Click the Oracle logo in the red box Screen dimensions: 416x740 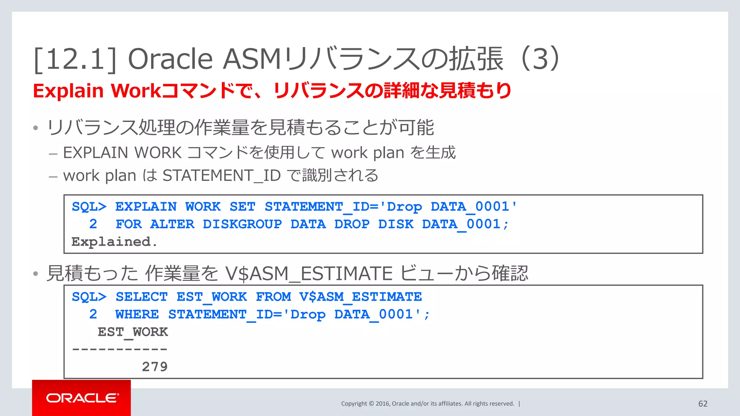click(82, 398)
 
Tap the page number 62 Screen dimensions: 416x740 click(703, 404)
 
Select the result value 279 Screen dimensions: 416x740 click(155, 367)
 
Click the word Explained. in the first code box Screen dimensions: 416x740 click(114, 242)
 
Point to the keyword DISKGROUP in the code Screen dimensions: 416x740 click(242, 224)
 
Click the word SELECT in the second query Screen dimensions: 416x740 click(142, 297)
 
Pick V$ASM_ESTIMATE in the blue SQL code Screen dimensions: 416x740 click(360, 297)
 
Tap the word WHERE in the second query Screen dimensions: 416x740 click(137, 315)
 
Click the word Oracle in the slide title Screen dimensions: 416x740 click(170, 59)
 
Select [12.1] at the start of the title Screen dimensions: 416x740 click(75, 59)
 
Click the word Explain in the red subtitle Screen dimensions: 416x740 click(68, 91)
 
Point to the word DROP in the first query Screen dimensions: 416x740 click(352, 224)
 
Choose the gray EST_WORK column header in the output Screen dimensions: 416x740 click(133, 332)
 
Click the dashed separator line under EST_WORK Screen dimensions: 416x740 click(120, 349)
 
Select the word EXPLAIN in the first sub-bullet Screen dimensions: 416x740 click(95, 153)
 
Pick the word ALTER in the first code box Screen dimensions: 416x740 click(172, 224)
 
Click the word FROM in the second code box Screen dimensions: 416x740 click(273, 297)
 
